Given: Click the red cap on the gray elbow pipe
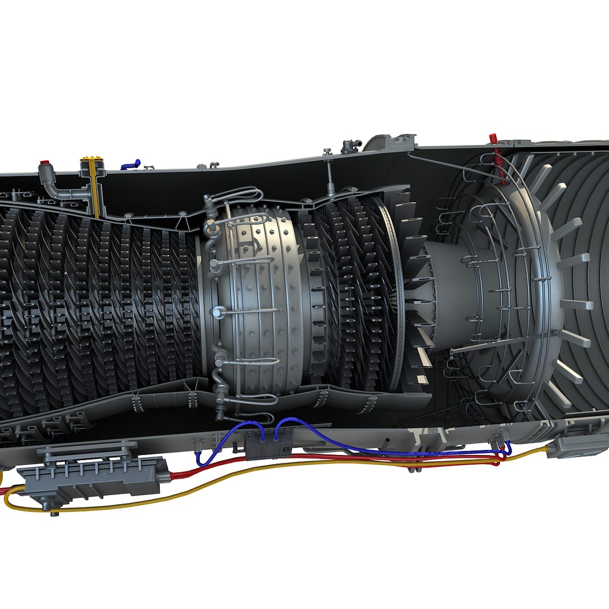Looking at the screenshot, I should [x=44, y=165].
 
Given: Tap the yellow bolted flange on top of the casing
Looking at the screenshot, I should [x=93, y=160].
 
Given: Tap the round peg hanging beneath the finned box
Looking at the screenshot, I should [x=55, y=512].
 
